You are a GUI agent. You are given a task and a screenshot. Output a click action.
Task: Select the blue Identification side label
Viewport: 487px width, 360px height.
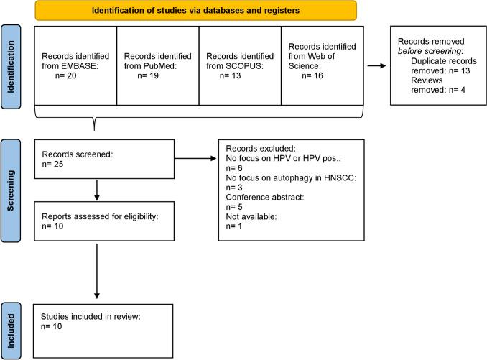[x=11, y=66]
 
